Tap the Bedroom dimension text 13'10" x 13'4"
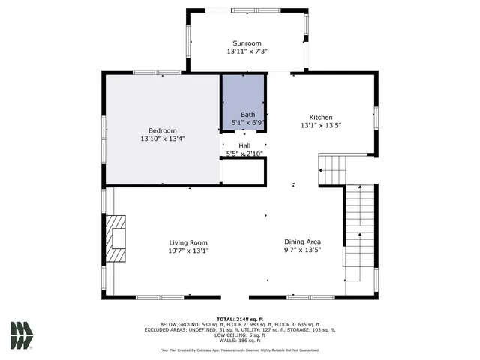pos(162,139)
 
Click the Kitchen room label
pos(321,118)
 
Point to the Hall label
pos(244,145)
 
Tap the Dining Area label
pos(304,242)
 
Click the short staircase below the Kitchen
pos(332,170)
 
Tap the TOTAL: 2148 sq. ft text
pos(240,319)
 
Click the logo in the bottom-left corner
pos(22,335)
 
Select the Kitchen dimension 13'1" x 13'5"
pos(321,127)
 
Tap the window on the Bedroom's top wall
pos(157,72)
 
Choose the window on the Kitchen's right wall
pos(376,118)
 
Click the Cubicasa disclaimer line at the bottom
pos(240,349)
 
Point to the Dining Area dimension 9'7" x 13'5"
pos(304,251)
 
